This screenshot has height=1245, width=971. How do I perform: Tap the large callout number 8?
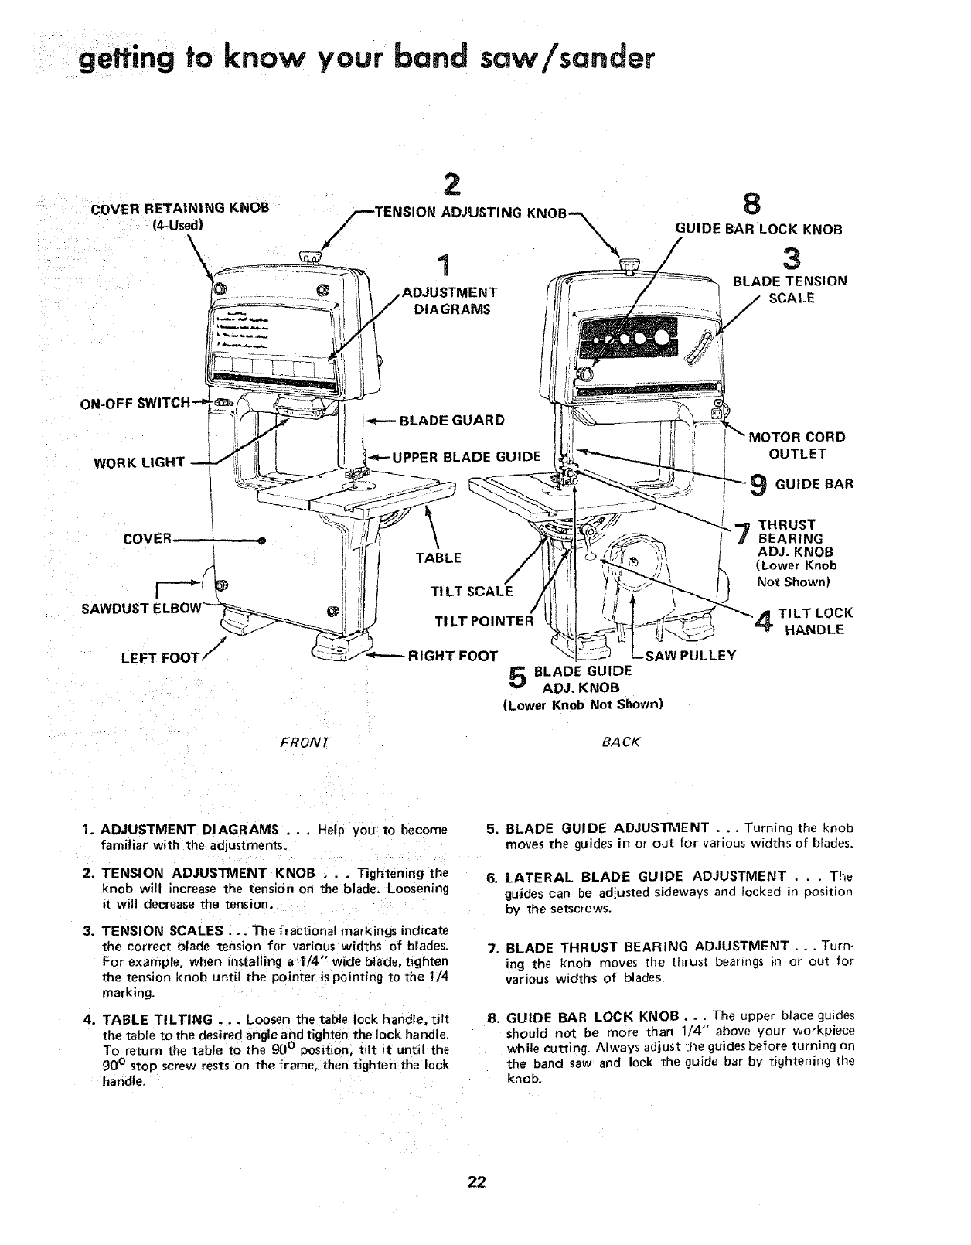[749, 204]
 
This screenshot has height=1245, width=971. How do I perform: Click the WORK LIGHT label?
[139, 463]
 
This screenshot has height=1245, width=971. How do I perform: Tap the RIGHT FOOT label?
[452, 657]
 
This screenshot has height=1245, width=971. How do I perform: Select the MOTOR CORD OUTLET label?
[796, 445]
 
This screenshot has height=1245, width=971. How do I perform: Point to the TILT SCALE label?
[471, 592]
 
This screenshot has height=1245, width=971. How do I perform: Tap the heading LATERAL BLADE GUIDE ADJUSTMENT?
[646, 876]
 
